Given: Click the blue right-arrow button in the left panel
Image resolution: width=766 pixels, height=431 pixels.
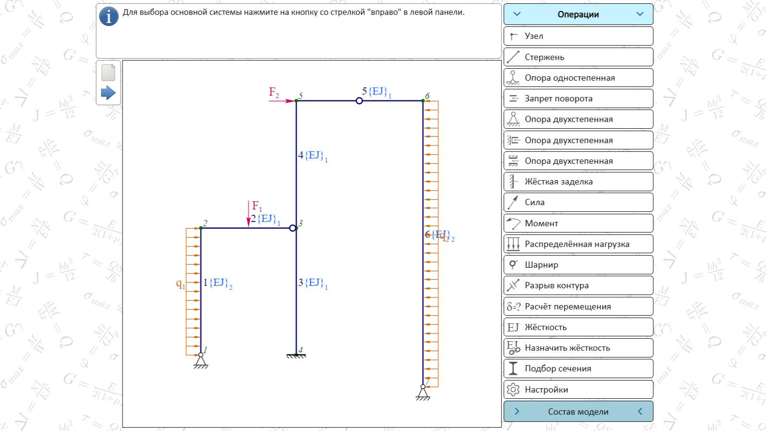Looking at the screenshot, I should point(108,93).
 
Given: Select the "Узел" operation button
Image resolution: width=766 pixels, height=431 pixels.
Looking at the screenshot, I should point(578,36).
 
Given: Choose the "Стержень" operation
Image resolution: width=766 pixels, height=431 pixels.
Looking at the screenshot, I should point(578,57).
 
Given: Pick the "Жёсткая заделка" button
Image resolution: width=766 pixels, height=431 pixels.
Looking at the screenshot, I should point(578,182).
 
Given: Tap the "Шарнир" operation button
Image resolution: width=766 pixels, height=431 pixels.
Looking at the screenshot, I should point(578,265).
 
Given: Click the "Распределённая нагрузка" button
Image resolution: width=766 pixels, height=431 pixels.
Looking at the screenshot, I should point(578,244).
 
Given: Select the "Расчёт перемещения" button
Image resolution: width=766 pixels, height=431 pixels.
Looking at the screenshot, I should point(578,307).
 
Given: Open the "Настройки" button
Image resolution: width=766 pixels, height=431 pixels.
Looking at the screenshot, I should point(578,390).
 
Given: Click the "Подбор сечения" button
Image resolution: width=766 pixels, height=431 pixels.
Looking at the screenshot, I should point(578,369).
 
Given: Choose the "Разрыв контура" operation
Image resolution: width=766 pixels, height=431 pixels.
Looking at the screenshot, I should point(578,285).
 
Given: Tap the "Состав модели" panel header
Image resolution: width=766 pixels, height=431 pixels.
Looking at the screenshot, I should point(578,411).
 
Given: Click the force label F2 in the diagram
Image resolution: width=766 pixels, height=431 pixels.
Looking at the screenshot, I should point(274,92).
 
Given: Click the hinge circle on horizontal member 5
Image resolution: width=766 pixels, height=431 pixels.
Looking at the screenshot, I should point(359,101).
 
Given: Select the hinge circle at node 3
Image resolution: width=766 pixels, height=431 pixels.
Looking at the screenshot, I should point(292,228).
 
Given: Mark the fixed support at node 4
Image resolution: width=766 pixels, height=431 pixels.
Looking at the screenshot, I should point(296,356).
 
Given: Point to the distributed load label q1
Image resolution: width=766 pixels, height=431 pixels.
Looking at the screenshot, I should point(180,284).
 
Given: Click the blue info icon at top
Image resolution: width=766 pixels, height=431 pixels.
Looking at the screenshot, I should point(109,17).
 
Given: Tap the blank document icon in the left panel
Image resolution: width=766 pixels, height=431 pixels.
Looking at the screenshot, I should point(109,73).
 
